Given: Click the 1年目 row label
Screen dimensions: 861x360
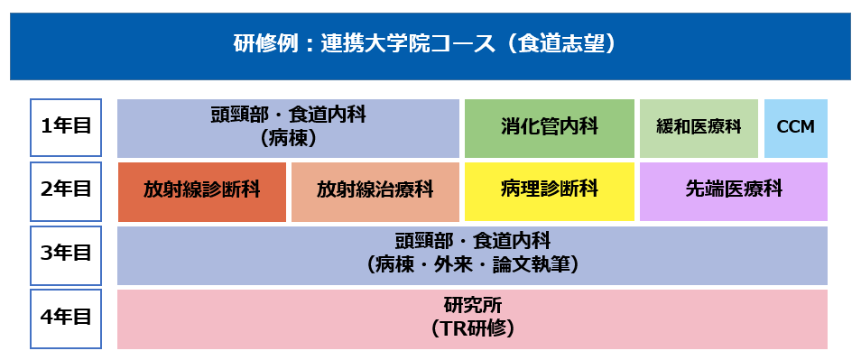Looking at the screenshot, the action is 66,127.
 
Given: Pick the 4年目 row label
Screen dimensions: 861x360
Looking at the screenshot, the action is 66,318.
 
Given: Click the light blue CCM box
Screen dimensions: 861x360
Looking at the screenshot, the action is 796,128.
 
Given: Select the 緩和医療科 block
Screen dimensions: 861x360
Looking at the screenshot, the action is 699,128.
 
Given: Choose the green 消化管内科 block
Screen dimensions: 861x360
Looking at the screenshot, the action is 549,128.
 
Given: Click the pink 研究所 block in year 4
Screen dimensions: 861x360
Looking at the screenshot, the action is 472,318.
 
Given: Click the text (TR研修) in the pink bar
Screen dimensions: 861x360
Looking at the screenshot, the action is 472,329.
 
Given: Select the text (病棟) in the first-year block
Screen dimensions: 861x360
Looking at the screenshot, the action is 288,138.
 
